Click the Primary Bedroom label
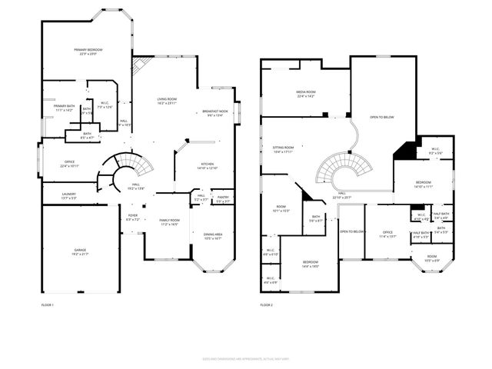pos(88,52)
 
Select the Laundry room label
pos(68,196)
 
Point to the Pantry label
pos(222,199)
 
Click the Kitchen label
pos(208,165)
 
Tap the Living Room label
pos(167,101)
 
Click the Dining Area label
pos(212,237)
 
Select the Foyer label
pos(132,218)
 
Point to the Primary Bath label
pos(64,108)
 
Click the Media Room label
pos(306,94)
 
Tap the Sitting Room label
pos(284,149)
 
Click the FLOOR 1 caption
pos(48,305)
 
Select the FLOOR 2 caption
pos(266,305)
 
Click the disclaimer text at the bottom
pos(246,358)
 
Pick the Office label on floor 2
pos(387,235)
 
